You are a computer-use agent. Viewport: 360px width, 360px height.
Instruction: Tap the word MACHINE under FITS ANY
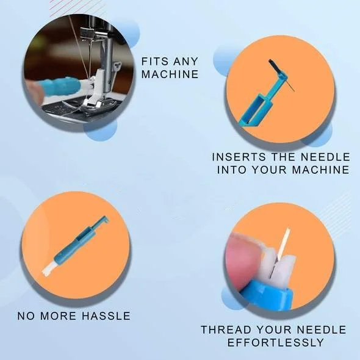click(170, 74)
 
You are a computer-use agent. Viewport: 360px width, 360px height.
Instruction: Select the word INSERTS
click(239, 157)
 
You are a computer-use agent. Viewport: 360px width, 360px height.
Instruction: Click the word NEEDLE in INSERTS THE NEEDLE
click(325, 157)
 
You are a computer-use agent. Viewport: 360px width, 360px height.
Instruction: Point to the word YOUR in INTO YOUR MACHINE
click(269, 170)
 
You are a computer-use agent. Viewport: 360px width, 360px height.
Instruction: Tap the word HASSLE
click(106, 316)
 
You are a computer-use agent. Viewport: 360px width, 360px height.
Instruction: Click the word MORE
click(58, 316)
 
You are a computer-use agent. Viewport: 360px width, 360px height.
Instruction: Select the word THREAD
click(226, 329)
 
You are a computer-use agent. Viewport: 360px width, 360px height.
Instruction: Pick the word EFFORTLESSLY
click(276, 342)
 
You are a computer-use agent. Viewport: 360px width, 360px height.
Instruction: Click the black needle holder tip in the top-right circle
click(274, 66)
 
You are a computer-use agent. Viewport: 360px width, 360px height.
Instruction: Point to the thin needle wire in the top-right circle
click(290, 85)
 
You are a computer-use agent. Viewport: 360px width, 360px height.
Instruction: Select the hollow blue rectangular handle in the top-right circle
click(255, 110)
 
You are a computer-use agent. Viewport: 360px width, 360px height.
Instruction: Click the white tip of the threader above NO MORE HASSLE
click(48, 268)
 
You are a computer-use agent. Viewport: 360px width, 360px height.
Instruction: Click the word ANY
click(185, 62)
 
